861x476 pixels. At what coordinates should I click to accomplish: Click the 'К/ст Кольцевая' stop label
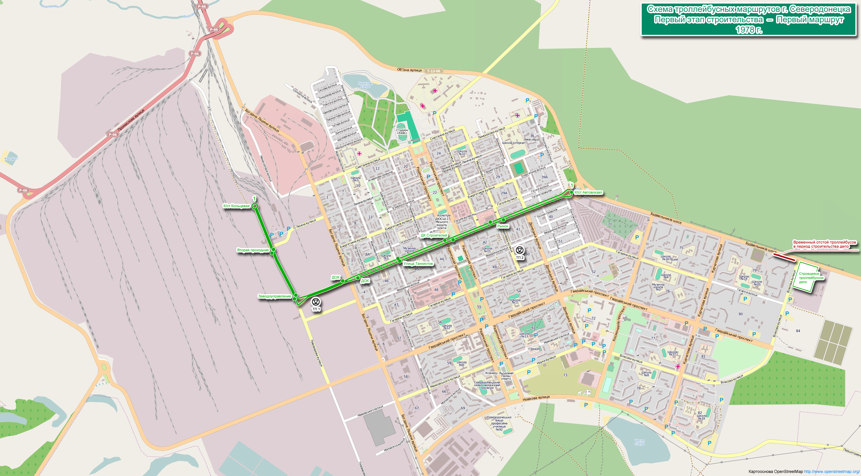click(x=237, y=206)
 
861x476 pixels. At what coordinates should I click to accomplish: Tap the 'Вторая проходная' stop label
click(x=253, y=250)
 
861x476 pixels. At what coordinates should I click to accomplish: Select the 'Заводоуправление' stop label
click(x=275, y=296)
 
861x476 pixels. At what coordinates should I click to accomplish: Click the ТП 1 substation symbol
click(x=316, y=302)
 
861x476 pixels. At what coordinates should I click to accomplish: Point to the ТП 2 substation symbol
click(x=519, y=251)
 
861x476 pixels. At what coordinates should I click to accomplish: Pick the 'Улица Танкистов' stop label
click(x=418, y=264)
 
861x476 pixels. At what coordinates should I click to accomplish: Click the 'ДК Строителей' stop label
click(x=434, y=235)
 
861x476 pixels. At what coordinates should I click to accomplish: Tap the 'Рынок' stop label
click(x=503, y=226)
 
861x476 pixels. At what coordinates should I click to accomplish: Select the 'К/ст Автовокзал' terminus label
click(x=588, y=192)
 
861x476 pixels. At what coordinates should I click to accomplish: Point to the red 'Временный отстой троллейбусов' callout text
click(x=824, y=244)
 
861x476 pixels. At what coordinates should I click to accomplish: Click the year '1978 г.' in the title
click(x=749, y=30)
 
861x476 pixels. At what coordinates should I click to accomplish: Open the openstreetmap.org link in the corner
click(x=832, y=472)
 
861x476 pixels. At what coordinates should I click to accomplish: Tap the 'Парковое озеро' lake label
click(x=365, y=85)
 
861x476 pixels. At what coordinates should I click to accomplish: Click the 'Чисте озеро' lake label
click(x=639, y=442)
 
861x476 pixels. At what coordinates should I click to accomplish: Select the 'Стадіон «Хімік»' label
click(x=402, y=132)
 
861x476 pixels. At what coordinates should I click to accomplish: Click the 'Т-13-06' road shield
click(x=434, y=71)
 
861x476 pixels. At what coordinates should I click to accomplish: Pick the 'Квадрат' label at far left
click(x=12, y=159)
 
